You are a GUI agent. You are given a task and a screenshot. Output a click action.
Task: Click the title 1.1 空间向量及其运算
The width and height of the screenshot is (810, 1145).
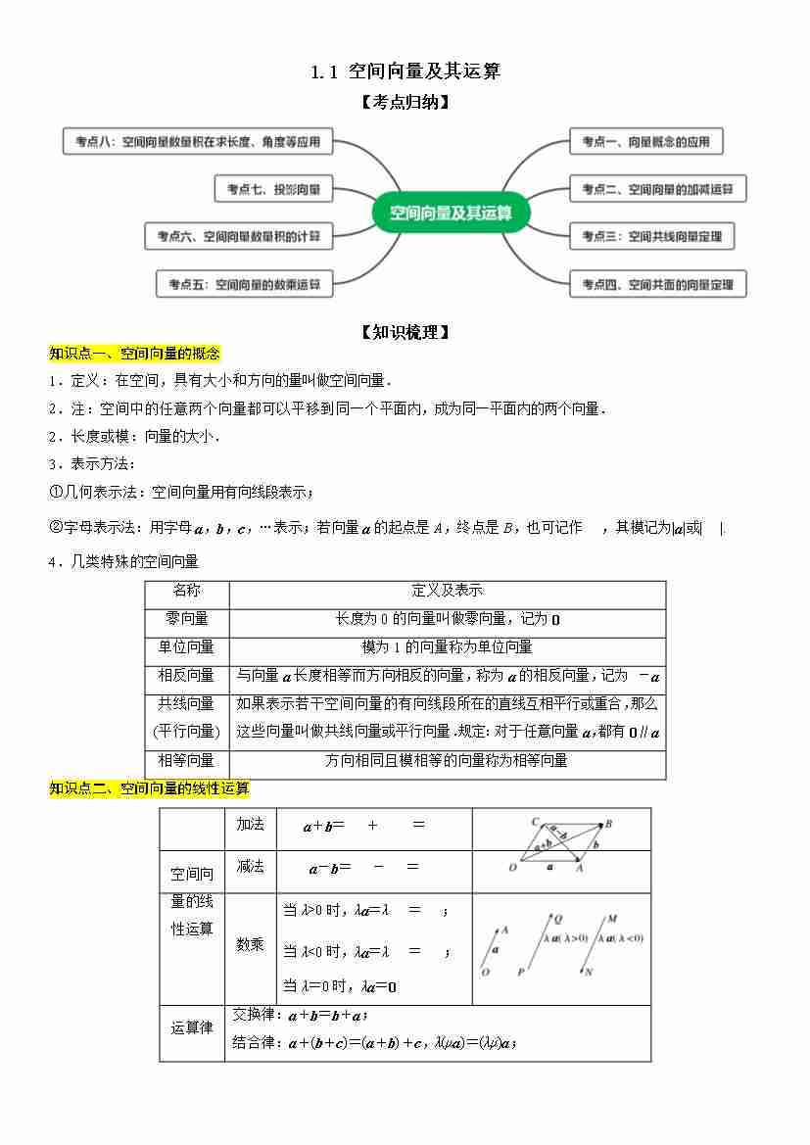(x=405, y=72)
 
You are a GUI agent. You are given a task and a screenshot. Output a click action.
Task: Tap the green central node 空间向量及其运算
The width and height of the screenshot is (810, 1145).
(x=451, y=213)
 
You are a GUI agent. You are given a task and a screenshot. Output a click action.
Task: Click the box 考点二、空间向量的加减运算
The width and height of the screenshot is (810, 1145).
(x=657, y=189)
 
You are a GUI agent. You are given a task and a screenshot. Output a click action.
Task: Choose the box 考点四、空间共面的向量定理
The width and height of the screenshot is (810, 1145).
(x=657, y=285)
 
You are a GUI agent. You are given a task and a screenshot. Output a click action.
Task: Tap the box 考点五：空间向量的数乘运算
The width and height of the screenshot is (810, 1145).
(x=244, y=285)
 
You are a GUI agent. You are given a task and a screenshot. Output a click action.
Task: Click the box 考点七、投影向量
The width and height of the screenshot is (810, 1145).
(x=273, y=189)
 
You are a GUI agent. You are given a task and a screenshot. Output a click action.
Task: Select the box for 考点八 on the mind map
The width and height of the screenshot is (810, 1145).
(x=197, y=142)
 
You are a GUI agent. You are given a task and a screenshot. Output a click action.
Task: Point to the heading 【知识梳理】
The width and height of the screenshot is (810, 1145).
(x=405, y=332)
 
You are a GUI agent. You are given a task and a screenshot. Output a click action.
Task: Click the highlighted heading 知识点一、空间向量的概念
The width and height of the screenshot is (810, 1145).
(x=135, y=354)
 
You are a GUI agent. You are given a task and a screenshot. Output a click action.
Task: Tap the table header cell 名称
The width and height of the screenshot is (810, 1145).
(x=186, y=591)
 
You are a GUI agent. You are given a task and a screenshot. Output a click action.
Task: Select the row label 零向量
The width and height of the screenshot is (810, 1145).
(x=186, y=619)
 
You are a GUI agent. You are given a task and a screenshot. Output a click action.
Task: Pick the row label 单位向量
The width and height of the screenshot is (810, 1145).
(x=186, y=646)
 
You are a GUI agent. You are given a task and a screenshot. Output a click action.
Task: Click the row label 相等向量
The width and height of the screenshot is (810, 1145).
(x=186, y=760)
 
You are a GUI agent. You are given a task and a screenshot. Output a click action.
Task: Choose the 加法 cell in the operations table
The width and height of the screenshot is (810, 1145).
(x=251, y=824)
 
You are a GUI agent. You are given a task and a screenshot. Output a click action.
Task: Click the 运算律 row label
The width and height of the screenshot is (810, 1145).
(x=192, y=1027)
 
